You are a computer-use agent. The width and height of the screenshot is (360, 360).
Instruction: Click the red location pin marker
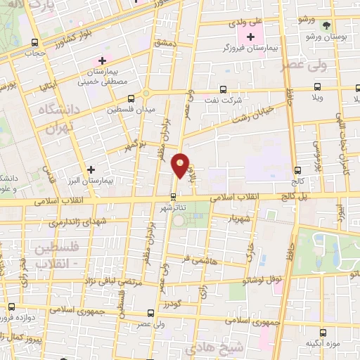[181, 167]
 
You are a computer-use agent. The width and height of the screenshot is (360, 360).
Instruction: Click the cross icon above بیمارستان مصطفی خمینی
[103, 61]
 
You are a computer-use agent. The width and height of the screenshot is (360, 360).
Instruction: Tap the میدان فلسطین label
[131, 110]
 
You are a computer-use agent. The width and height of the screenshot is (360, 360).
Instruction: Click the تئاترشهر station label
[174, 209]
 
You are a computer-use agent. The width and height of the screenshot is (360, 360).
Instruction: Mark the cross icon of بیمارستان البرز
[91, 169]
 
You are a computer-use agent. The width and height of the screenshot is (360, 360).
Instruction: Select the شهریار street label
[238, 219]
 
